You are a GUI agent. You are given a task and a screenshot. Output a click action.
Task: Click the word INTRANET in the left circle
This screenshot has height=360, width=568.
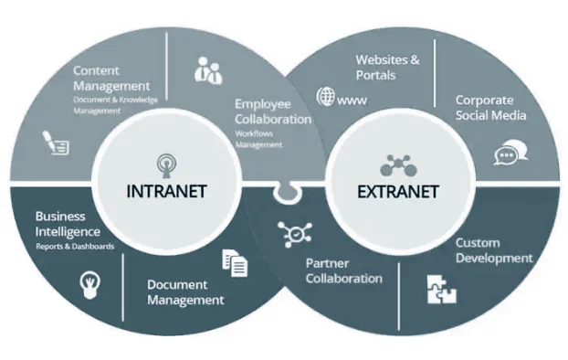[x=166, y=192]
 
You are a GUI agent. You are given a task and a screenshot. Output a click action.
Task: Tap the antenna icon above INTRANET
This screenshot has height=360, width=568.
[x=166, y=164]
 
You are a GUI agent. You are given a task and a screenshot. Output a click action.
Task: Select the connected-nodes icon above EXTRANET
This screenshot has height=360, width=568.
[x=397, y=165]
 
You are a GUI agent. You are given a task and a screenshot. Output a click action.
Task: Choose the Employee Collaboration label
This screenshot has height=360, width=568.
[x=272, y=111]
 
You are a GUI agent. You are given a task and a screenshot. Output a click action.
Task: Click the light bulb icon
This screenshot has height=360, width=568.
[x=89, y=281]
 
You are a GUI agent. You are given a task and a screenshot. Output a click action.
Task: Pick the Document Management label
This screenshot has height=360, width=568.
[x=185, y=292]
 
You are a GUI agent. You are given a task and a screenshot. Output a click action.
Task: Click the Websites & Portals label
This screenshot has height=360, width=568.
[x=387, y=67]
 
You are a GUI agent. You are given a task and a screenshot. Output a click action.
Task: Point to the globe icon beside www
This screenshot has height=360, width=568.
[x=325, y=96]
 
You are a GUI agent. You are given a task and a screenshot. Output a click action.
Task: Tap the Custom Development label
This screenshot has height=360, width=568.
[x=494, y=250]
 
